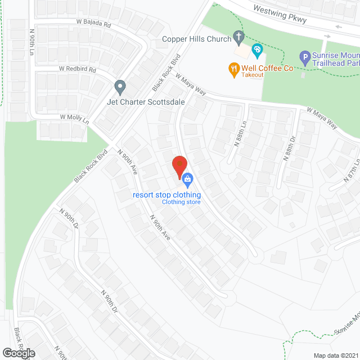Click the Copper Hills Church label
(x=196, y=39)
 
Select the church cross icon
(x=238, y=39)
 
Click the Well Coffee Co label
(x=268, y=68)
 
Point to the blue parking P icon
(x=304, y=57)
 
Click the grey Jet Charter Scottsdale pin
(x=119, y=87)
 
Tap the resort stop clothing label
(x=166, y=195)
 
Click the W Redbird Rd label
(x=78, y=70)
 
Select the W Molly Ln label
(x=74, y=119)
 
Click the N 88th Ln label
(x=237, y=138)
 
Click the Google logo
(x=19, y=353)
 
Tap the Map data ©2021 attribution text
(x=336, y=355)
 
